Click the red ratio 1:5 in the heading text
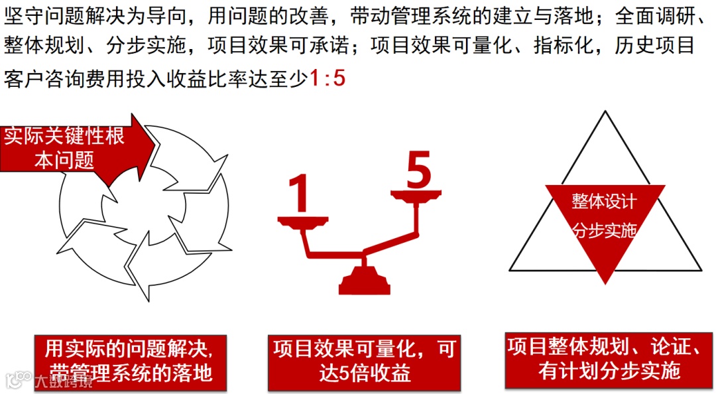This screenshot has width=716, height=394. point(327,78)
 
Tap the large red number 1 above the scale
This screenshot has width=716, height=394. point(300,193)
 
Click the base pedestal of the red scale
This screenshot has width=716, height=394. point(365,280)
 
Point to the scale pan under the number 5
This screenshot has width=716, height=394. point(416,195)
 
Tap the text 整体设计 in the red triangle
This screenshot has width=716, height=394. point(604,201)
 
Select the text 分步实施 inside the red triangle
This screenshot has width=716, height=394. point(605,230)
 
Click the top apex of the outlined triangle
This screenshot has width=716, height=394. point(605,111)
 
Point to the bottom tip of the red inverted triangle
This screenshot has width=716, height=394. point(605,283)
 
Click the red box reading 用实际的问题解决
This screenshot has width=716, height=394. point(131,363)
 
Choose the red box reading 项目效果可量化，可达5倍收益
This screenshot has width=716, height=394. point(365,363)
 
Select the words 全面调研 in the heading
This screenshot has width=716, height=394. point(655,17)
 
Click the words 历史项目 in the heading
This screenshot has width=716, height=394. point(654,45)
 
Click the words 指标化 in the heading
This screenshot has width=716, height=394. point(564,45)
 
